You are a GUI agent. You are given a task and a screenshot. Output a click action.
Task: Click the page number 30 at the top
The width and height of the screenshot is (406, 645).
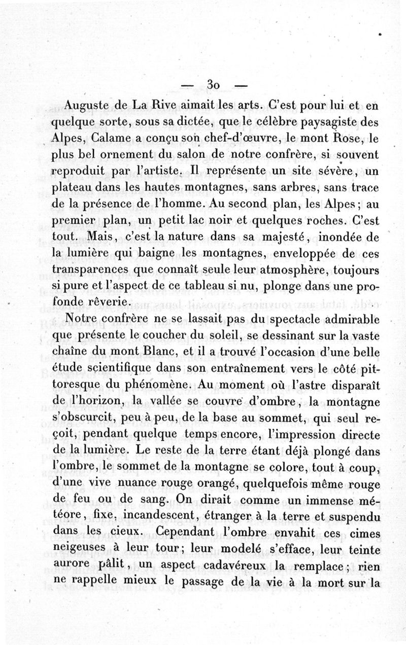coord(213,85)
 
